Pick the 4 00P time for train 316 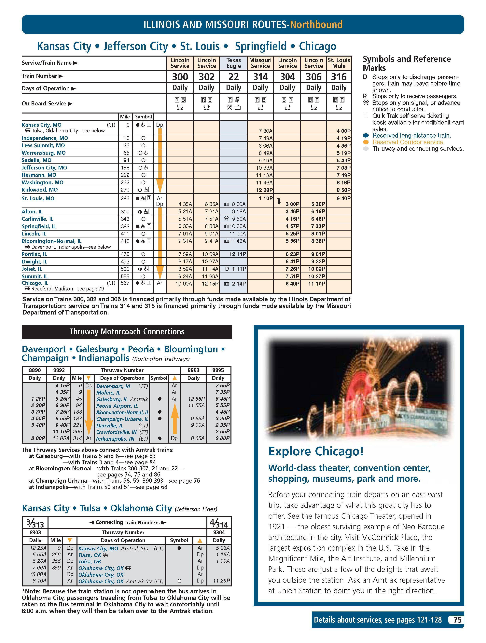343,131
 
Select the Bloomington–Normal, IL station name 51,241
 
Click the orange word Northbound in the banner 316,24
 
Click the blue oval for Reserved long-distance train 366,135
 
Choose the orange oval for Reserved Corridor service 366,142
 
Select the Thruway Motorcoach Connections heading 127,332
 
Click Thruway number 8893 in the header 193,370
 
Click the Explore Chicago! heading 316,451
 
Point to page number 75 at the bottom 457,620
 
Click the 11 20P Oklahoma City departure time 221,581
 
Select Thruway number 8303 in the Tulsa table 35,532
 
